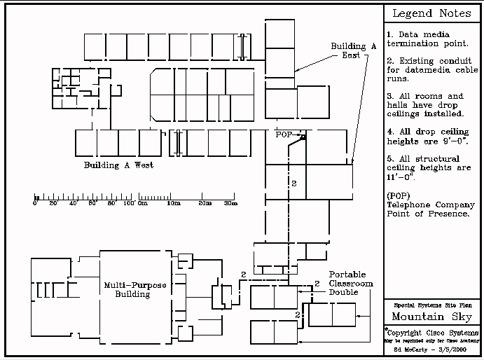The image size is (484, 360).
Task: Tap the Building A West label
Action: pos(118,166)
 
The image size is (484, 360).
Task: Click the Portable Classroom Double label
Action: pos(351,283)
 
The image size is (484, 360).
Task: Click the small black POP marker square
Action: pos(303,138)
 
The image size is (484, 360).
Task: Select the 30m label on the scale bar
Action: pos(230,204)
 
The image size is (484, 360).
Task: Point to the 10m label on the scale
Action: pos(172,204)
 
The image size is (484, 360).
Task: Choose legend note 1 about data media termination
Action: pos(420,39)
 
